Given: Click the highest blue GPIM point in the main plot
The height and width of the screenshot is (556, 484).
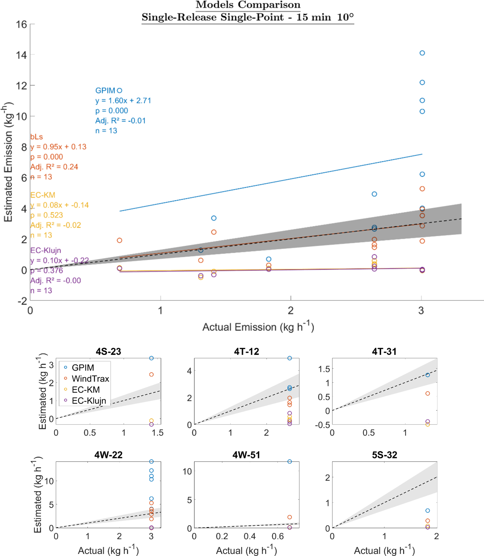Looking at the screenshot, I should [422, 53].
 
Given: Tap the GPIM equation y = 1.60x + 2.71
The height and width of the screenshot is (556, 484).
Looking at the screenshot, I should [123, 101].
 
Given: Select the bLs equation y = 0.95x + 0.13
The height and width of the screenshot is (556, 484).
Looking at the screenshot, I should [58, 147].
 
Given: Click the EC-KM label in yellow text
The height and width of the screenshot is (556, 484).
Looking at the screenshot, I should [43, 195].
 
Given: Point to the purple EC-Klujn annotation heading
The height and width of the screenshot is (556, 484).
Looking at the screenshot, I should [45, 250].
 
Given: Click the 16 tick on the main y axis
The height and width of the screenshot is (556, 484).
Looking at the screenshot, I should [21, 24].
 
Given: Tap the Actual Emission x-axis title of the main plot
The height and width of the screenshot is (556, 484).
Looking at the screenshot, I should [258, 327].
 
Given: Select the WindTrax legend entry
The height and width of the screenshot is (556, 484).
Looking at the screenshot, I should [90, 379].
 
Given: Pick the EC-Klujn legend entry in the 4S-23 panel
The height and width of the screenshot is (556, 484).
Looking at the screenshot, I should [89, 401].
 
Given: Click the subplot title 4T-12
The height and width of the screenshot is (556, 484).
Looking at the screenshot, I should [246, 351].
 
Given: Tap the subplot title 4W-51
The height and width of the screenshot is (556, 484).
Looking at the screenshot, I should [246, 455].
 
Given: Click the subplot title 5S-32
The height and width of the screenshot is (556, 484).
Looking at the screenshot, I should [385, 455].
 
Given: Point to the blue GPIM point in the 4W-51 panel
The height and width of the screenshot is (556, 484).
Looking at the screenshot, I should [290, 461].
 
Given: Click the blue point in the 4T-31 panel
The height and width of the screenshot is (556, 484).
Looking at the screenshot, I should [428, 375].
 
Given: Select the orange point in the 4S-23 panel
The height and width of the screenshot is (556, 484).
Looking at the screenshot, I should [151, 374].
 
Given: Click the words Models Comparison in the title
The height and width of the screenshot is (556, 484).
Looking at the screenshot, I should [248, 5].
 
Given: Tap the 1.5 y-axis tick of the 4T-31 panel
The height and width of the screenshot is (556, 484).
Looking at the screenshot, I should [324, 369].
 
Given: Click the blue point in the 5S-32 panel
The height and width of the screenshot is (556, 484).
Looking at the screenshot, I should [428, 511].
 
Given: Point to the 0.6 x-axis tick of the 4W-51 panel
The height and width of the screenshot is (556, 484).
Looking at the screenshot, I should [278, 536].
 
